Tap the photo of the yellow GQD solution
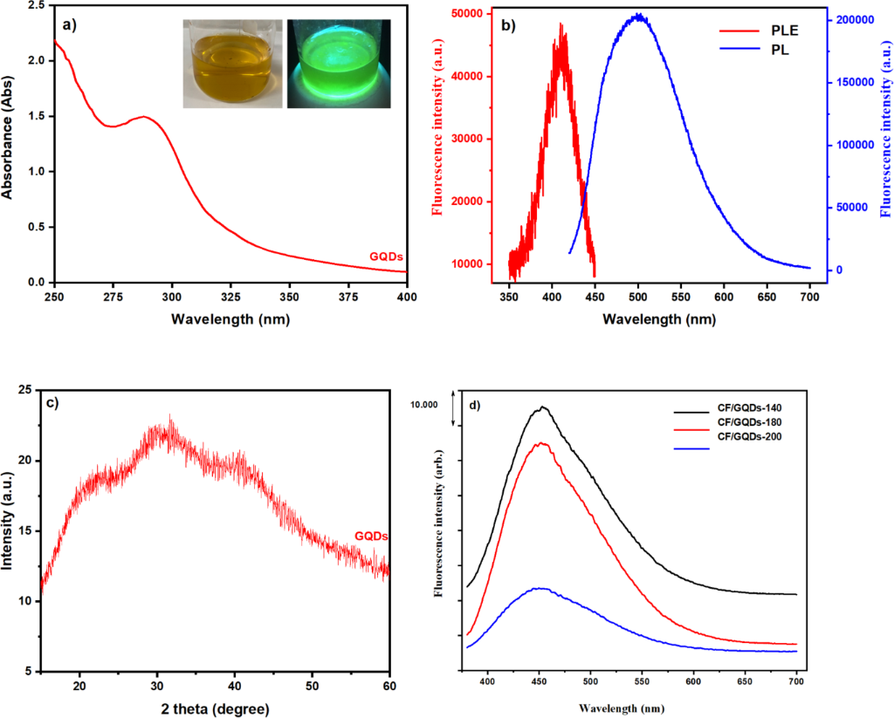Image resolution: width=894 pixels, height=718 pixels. [x=232, y=64]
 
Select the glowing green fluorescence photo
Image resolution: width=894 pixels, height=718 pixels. [x=340, y=64]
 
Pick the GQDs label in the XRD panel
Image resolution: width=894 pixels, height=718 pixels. [x=371, y=536]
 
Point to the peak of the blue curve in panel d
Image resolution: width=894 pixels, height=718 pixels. [x=541, y=588]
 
